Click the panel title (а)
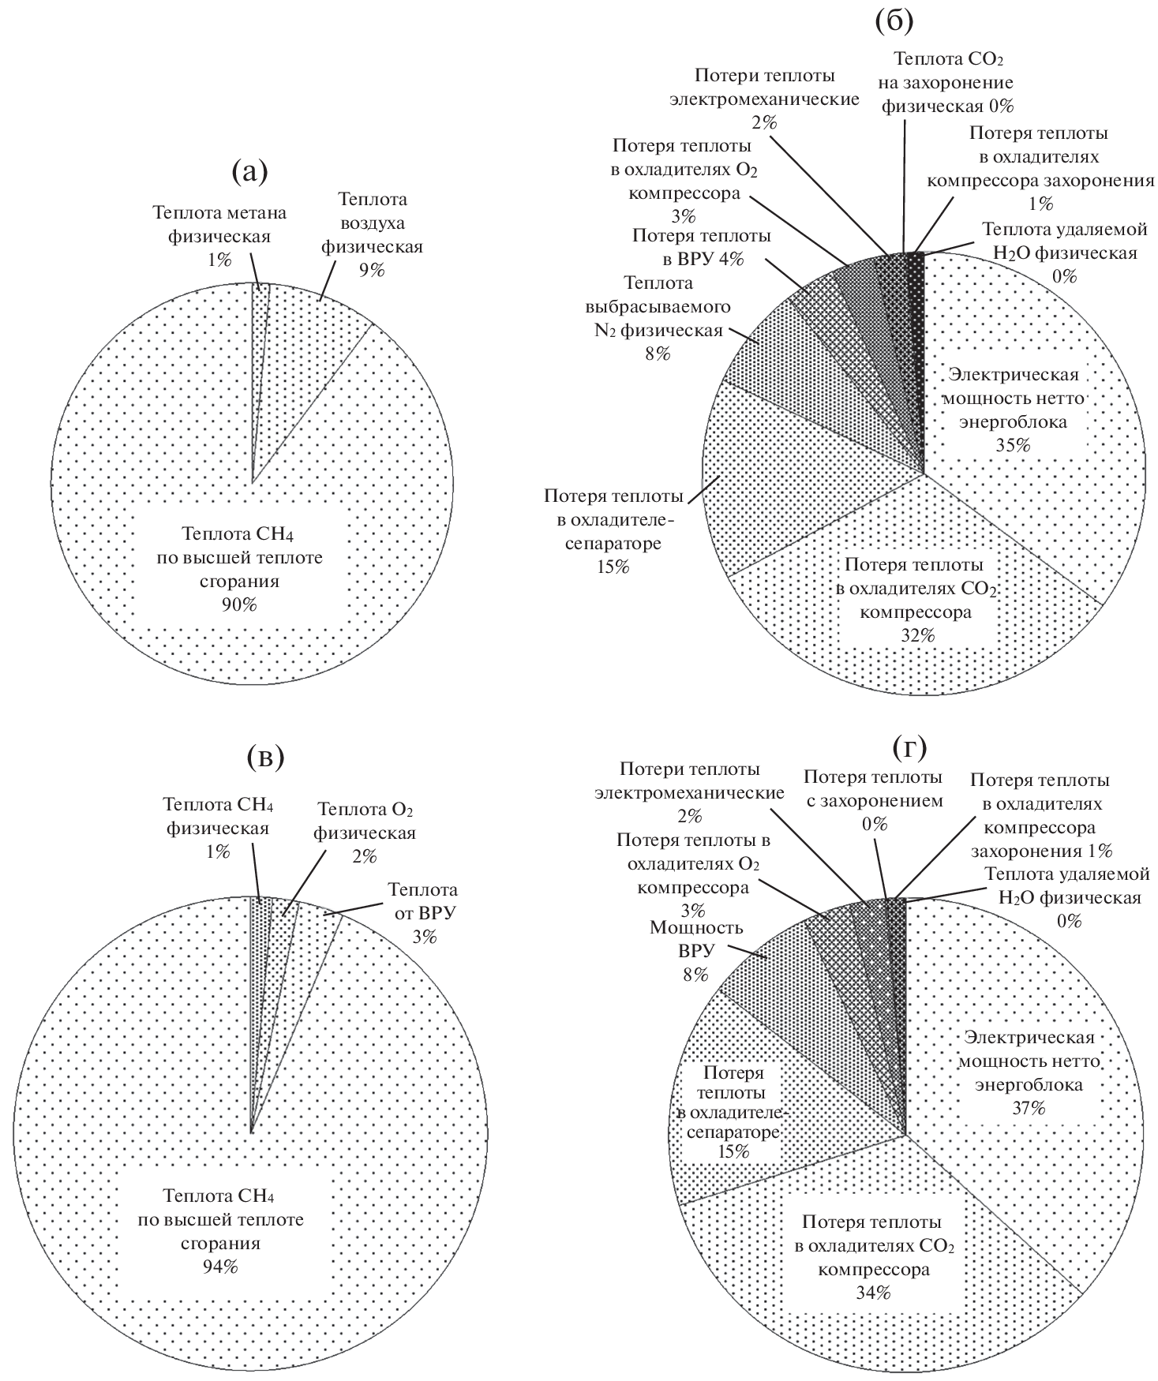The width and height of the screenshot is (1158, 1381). (x=250, y=172)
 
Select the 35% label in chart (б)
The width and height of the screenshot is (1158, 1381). (x=1014, y=444)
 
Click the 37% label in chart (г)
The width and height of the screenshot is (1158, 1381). (x=1028, y=1108)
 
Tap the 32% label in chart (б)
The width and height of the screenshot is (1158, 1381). (x=916, y=634)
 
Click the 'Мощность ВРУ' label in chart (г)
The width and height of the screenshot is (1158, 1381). (x=686, y=938)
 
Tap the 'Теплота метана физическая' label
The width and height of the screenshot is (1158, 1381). (x=219, y=224)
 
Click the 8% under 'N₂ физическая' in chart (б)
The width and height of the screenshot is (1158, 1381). (x=656, y=354)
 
